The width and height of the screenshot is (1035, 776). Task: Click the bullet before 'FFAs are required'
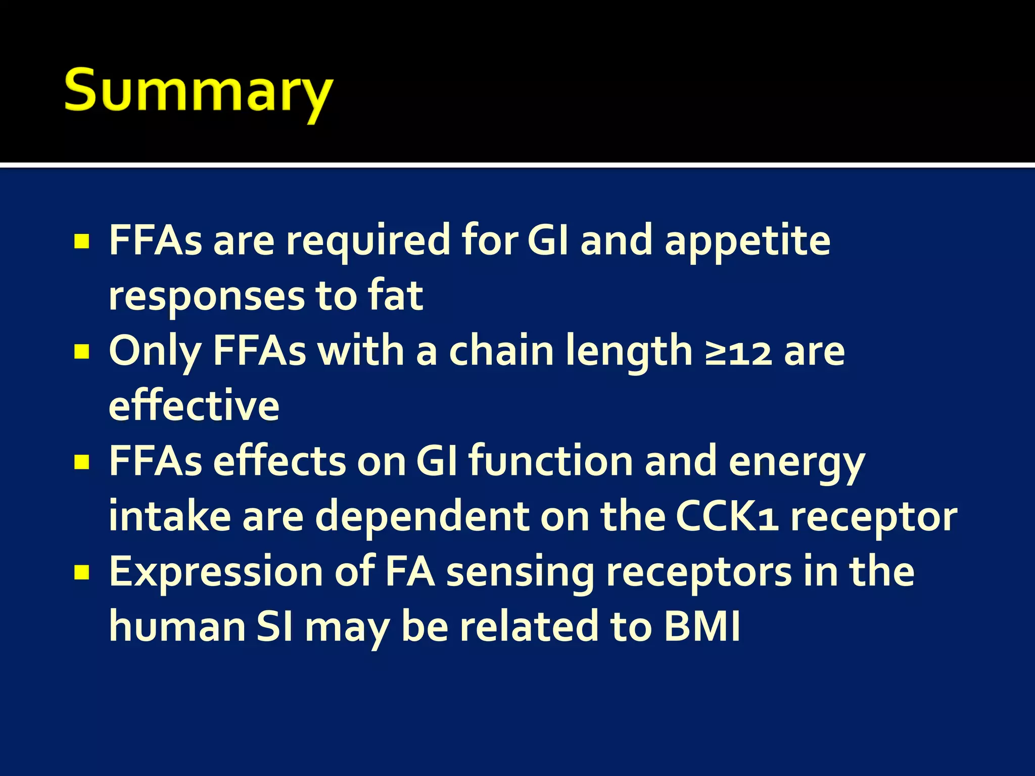pos(81,241)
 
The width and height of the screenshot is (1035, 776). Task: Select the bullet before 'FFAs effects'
pos(81,462)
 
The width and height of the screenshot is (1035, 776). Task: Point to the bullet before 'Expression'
pos(81,572)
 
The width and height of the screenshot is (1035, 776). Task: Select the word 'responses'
pos(207,297)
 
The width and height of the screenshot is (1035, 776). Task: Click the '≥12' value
pos(738,352)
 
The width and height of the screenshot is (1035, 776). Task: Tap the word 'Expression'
pos(216,573)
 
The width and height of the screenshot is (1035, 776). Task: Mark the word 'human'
pos(177,627)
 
